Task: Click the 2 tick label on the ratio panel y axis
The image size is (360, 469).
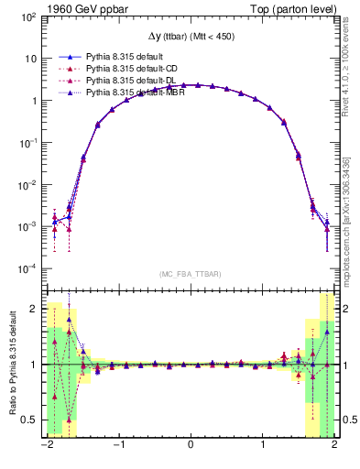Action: click(35, 309)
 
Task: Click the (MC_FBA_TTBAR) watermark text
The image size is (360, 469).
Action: click(190, 273)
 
